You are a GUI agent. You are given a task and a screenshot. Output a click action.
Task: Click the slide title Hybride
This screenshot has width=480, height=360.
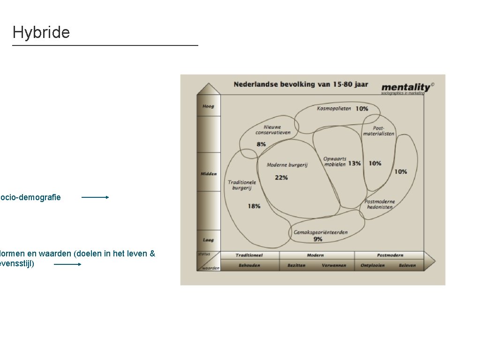pyautogui.click(x=41, y=32)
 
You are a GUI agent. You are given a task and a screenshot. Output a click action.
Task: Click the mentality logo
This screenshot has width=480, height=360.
pyautogui.click(x=406, y=88)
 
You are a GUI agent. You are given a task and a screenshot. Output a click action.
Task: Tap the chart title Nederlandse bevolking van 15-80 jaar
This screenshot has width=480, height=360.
pyautogui.click(x=300, y=84)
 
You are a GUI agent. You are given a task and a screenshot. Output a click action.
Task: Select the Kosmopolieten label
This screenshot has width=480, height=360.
pyautogui.click(x=334, y=109)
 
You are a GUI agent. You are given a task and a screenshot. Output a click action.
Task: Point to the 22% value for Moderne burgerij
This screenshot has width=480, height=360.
pyautogui.click(x=281, y=178)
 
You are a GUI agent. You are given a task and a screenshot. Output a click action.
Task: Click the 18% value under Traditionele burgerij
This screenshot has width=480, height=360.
pyautogui.click(x=254, y=206)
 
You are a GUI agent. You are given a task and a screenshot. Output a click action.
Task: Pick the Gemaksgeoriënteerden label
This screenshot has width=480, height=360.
pyautogui.click(x=321, y=232)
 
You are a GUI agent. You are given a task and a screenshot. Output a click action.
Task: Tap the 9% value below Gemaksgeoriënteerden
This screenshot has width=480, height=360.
pyautogui.click(x=318, y=239)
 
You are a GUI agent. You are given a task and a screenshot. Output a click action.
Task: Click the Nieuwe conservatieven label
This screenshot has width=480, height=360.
pyautogui.click(x=273, y=130)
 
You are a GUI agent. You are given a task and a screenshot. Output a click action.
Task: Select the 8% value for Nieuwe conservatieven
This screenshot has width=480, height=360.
pyautogui.click(x=261, y=144)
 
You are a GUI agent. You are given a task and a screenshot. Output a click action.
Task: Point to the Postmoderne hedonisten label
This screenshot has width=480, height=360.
pyautogui.click(x=380, y=204)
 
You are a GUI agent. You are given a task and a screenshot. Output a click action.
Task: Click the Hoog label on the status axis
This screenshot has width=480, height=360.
pyautogui.click(x=208, y=106)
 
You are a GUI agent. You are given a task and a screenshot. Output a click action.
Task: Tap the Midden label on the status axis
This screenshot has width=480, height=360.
pyautogui.click(x=209, y=174)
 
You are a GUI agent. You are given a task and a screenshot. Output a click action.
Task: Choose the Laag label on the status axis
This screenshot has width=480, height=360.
pyautogui.click(x=208, y=240)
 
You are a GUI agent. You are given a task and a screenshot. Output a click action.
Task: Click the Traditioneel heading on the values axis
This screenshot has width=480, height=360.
pyautogui.click(x=249, y=255)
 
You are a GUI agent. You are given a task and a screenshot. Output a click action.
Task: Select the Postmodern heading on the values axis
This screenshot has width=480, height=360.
pyautogui.click(x=390, y=255)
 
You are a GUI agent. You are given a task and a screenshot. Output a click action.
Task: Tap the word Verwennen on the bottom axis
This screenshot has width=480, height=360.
pyautogui.click(x=334, y=265)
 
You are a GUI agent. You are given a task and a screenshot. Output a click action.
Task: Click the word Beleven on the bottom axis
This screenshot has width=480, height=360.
pyautogui.click(x=407, y=265)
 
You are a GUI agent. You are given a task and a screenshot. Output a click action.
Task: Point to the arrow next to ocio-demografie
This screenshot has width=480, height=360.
pyautogui.click(x=95, y=197)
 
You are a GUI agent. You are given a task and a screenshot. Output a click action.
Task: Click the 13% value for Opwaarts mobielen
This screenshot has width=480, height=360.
pyautogui.click(x=354, y=164)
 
